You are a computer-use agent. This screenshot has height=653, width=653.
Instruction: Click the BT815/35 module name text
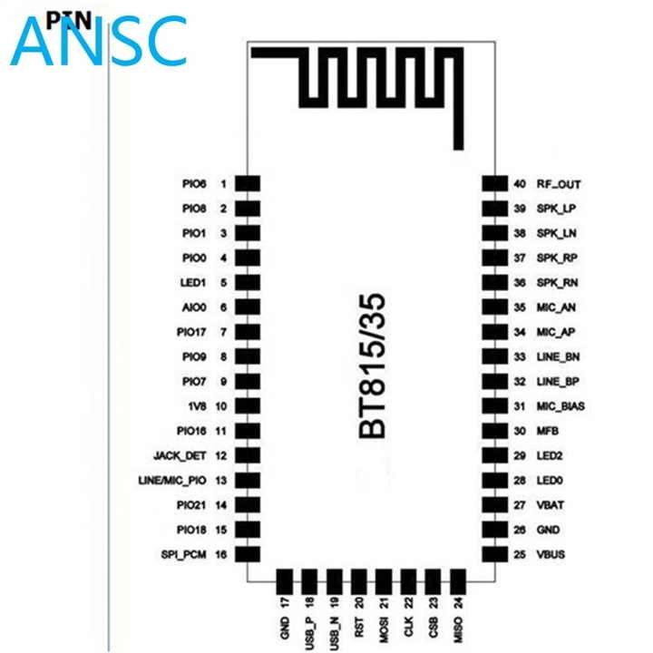click(372, 366)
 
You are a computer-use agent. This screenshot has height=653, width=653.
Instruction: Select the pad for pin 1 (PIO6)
click(248, 183)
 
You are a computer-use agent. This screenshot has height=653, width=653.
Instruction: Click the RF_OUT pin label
click(559, 184)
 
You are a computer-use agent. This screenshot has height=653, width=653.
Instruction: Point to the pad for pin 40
click(495, 183)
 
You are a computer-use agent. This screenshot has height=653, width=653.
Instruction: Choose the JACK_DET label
click(180, 455)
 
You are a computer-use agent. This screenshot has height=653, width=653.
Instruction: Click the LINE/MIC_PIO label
click(172, 481)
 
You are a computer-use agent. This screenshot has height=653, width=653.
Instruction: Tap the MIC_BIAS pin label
click(560, 406)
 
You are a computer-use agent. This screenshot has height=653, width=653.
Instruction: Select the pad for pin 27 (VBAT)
click(495, 505)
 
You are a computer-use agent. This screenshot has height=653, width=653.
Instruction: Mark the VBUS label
click(551, 554)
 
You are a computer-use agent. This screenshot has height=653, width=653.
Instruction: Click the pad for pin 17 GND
click(285, 581)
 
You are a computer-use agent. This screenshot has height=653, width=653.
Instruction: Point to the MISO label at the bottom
click(457, 629)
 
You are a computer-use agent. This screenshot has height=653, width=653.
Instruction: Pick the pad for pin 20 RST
click(358, 581)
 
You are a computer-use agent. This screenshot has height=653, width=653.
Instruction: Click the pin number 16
click(220, 554)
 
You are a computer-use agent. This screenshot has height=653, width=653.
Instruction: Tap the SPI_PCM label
click(183, 555)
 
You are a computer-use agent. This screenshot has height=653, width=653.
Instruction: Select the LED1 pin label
click(193, 283)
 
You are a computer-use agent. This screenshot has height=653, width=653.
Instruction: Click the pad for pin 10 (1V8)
click(248, 406)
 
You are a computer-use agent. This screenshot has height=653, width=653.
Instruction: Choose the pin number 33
click(520, 357)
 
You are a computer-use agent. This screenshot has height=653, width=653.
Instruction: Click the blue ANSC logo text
click(98, 41)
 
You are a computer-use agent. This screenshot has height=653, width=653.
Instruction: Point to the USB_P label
click(309, 633)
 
